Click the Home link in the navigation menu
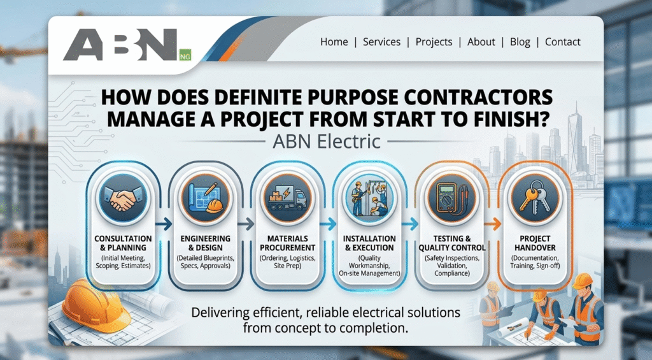coord(334,41)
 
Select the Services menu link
coord(381,41)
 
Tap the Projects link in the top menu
coord(434,42)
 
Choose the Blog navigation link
coord(520,42)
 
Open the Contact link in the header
coord(563,41)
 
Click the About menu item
coord(481,41)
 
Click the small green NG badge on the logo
coord(185,55)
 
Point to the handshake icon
coord(123,198)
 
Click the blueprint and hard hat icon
coord(206,198)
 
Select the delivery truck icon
coord(287,198)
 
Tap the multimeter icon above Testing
coord(451,198)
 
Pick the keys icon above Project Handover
coord(535,198)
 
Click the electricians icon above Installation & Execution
coord(369,198)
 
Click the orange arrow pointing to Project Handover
coord(493,224)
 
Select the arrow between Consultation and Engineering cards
coord(164,224)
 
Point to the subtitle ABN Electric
coord(327,141)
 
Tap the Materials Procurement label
coord(287,243)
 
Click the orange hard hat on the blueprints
coord(96,305)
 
